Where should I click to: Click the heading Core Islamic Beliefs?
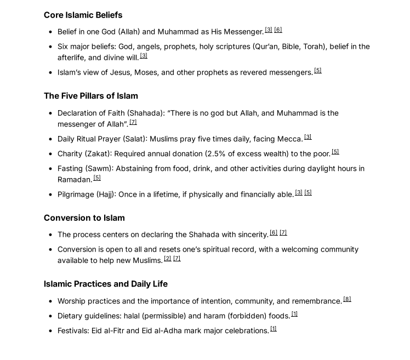tap(83, 15)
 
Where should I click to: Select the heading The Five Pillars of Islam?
tap(90, 96)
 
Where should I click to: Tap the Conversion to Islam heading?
tap(84, 218)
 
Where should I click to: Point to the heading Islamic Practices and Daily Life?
tap(105, 284)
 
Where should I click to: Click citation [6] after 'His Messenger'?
tap(278, 30)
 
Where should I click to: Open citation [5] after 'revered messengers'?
tap(317, 71)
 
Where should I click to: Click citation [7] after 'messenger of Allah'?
tap(133, 122)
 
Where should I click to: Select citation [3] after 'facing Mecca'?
tap(307, 137)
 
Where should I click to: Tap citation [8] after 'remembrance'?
tap(347, 299)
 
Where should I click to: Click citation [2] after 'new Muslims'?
tap(168, 259)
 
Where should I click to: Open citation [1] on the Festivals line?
tap(273, 329)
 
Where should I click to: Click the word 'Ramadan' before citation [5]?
tap(75, 180)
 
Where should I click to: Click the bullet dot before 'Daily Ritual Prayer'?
tap(50, 139)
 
